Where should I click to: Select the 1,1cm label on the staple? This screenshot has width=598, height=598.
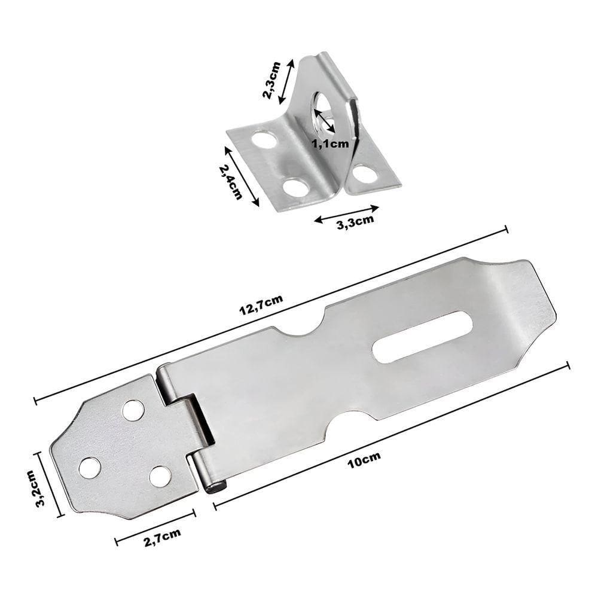click(330, 143)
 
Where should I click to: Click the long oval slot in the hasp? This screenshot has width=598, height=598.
click(422, 336)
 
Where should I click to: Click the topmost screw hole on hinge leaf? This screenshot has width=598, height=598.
click(133, 410)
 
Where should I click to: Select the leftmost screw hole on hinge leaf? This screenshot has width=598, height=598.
click(90, 467)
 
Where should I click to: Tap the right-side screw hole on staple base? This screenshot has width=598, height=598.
click(365, 173)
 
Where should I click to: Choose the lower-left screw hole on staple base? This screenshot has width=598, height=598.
click(295, 187)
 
